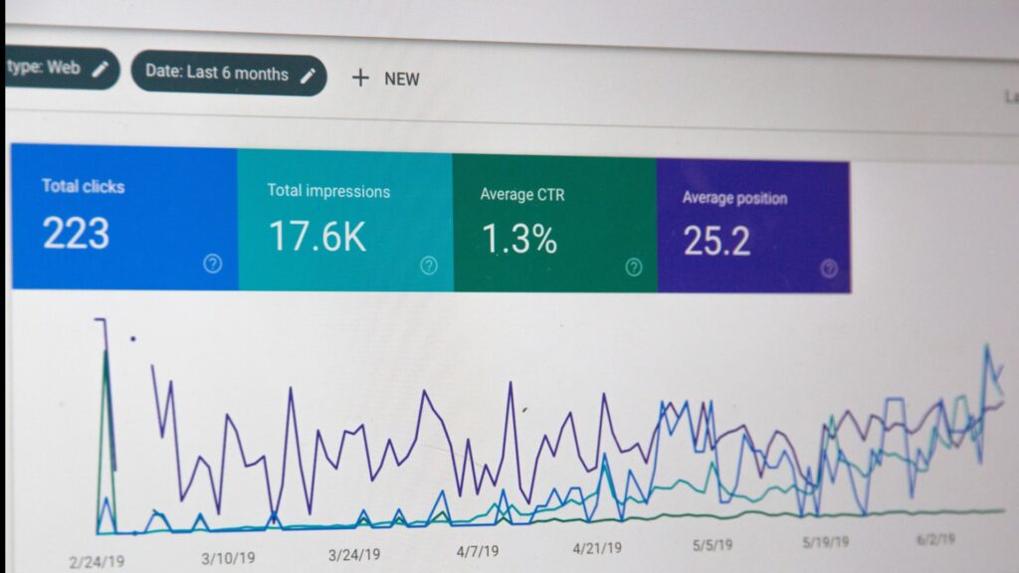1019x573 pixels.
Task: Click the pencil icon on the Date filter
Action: (308, 75)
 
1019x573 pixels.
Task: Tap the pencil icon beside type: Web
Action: (100, 69)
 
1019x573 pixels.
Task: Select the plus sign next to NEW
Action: (360, 78)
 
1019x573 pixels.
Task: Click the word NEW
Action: (402, 79)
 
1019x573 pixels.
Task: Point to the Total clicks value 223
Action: (76, 233)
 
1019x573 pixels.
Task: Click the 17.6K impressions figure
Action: (317, 237)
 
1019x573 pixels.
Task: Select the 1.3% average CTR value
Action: (518, 239)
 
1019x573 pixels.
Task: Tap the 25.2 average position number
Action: (716, 241)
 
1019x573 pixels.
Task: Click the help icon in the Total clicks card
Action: (212, 264)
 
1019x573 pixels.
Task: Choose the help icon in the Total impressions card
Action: (429, 266)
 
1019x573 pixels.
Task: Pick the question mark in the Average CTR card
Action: (634, 267)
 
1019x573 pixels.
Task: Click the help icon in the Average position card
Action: (829, 269)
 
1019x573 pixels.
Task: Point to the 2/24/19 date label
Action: (97, 562)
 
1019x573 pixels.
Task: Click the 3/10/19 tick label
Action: (230, 558)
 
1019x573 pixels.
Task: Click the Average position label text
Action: (734, 198)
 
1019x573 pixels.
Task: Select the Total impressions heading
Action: (328, 191)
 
